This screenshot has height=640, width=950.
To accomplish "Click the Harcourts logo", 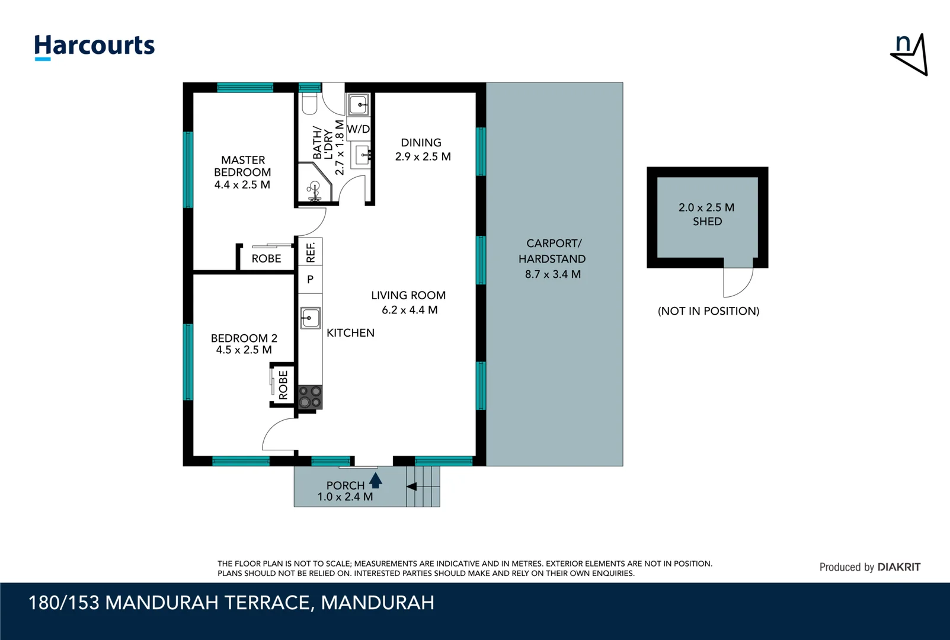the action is [94, 47].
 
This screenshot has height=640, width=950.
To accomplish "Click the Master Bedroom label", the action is [242, 172].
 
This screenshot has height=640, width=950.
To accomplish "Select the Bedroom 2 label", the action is [244, 344].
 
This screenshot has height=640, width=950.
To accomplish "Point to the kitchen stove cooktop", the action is [310, 398].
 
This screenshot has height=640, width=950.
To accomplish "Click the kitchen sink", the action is [311, 318].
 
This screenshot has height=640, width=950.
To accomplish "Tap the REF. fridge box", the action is [311, 251].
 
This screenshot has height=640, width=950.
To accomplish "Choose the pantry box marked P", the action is [311, 279].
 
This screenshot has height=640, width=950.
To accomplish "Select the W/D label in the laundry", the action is [359, 129].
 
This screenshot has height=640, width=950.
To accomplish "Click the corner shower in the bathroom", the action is [314, 183].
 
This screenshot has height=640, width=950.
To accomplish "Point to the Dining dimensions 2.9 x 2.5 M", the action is [423, 156].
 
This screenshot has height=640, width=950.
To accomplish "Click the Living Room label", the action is [408, 295].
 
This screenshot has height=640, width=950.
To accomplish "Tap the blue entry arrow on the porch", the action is [375, 481].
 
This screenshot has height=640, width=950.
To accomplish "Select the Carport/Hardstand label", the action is [552, 251].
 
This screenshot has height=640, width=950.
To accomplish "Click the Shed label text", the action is [708, 222].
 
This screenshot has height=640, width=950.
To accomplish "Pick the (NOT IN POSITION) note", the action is [709, 311].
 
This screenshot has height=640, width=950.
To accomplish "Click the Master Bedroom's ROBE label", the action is [266, 258].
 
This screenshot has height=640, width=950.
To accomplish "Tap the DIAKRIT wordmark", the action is [899, 567].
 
